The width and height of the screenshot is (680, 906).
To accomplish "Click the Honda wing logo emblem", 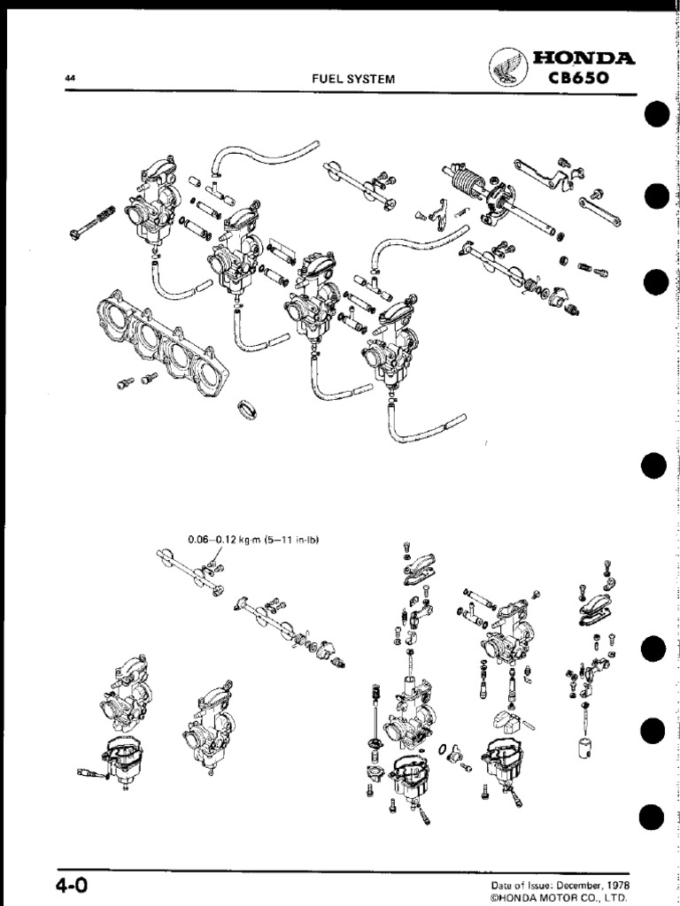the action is (x=507, y=67).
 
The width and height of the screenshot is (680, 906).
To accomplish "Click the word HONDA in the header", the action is (x=583, y=58).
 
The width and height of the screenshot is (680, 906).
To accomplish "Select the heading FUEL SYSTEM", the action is (x=353, y=79).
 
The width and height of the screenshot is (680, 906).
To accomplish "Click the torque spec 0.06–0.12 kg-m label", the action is (x=254, y=541).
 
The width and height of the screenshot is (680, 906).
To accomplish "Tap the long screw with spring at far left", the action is (x=91, y=220).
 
